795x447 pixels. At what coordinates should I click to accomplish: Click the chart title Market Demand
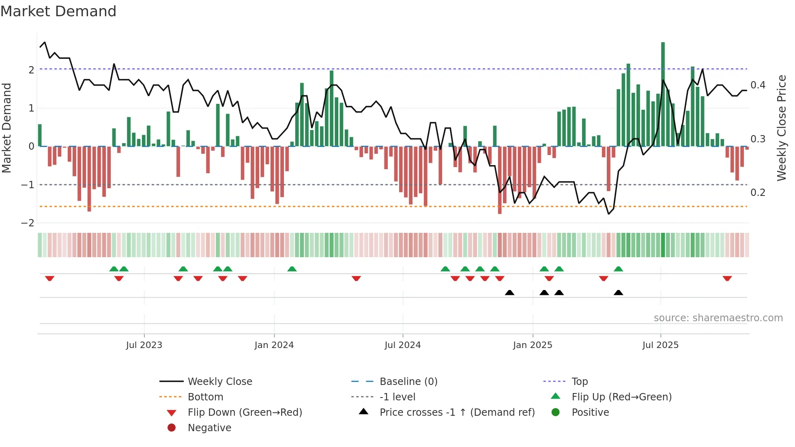coord(58,11)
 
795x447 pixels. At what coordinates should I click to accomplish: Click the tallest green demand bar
coord(663,93)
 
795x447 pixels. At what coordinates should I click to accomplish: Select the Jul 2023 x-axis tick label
coord(144,345)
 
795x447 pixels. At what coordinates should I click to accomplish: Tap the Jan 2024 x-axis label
coord(274,345)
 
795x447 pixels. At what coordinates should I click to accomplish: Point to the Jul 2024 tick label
coord(403,345)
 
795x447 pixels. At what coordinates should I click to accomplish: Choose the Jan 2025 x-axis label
coord(533,345)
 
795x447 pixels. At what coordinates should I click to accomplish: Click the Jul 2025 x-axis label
coord(660,345)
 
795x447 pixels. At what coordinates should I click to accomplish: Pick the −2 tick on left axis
coord(28,223)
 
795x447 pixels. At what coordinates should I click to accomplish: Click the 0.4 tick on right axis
coord(758,85)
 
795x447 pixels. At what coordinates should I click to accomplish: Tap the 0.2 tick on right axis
coord(758,193)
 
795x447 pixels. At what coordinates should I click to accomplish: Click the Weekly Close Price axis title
coord(782,128)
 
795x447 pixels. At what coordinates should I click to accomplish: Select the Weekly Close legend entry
coord(219,382)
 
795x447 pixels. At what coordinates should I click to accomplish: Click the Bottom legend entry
coord(205,397)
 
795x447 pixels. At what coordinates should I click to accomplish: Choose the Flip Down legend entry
coord(245,413)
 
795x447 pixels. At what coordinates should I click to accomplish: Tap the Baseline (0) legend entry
coord(408,382)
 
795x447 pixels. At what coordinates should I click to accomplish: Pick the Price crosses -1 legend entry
coord(457,413)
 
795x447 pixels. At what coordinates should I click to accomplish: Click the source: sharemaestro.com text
coord(718,318)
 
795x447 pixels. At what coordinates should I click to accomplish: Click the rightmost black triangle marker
coord(618,293)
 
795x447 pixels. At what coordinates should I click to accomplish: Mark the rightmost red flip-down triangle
coord(727,279)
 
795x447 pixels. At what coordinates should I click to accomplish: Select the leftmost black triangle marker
coord(509,293)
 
